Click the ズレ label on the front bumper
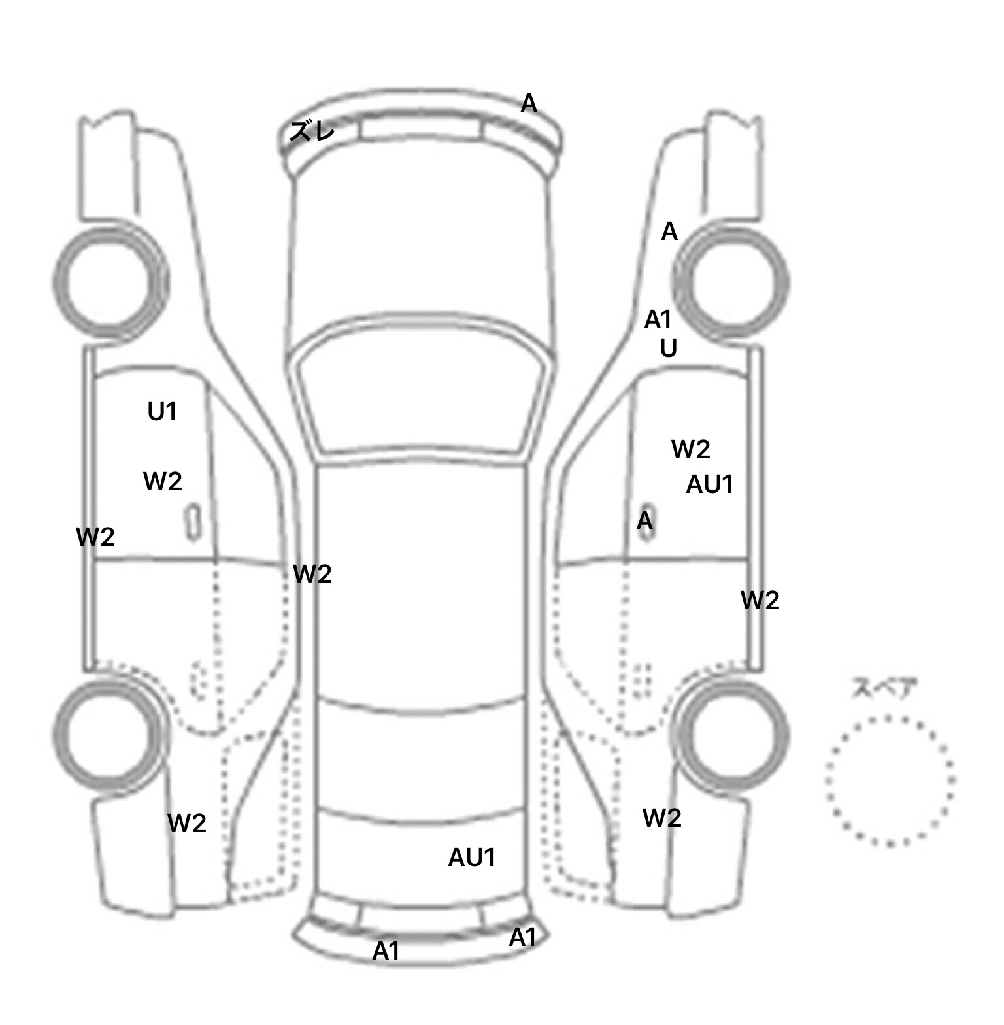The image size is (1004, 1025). [312, 131]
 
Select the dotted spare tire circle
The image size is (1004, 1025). [890, 780]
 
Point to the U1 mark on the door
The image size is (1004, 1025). [162, 412]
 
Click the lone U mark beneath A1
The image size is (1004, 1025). [668, 348]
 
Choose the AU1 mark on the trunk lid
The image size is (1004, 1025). [471, 858]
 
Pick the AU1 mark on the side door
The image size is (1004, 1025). [709, 484]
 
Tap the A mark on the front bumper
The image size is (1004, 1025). [529, 103]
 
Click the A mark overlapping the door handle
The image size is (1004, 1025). [644, 521]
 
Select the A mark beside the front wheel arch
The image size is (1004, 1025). [669, 231]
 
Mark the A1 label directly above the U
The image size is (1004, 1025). [658, 320]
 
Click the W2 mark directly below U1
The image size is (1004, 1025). [162, 482]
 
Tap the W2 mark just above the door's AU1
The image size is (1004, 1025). [690, 449]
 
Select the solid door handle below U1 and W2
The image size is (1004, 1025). [193, 522]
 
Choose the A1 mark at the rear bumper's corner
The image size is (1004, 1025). [522, 937]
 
